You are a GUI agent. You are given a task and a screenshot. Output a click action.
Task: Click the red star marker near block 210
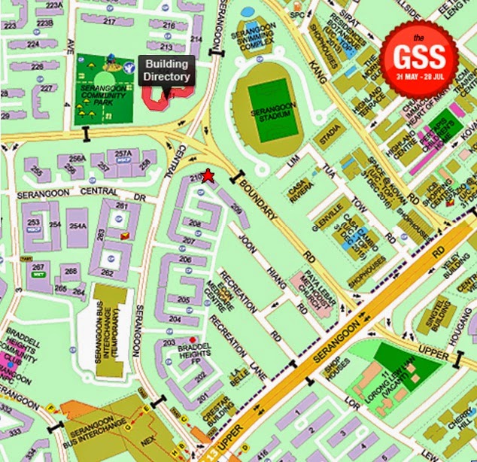208,176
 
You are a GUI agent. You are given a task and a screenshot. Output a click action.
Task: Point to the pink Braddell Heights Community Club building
12,361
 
